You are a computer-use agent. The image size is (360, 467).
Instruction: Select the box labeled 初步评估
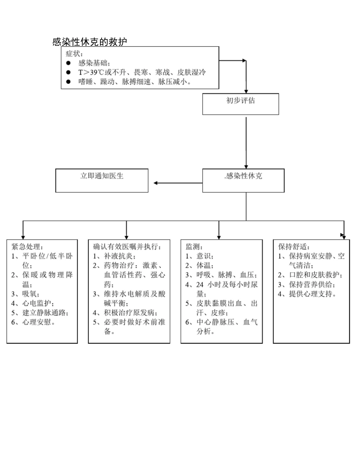pyautogui.click(x=241, y=104)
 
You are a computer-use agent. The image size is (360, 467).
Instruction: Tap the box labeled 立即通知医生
pyautogui.click(x=102, y=181)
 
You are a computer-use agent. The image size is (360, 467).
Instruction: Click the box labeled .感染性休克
pyautogui.click(x=243, y=181)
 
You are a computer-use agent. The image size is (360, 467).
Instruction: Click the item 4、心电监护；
pyautogui.click(x=33, y=303)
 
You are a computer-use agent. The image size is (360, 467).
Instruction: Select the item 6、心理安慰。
pyautogui.click(x=33, y=322)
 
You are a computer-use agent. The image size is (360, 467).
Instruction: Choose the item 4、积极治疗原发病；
pyautogui.click(x=125, y=313)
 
